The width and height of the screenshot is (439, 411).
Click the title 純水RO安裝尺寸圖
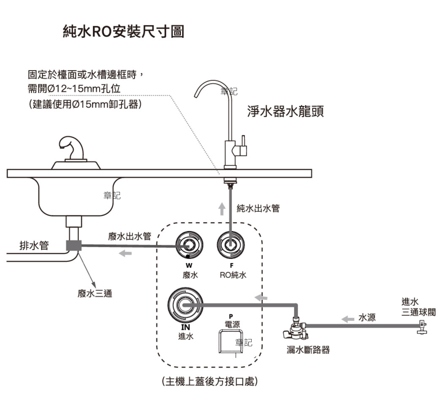[123, 32]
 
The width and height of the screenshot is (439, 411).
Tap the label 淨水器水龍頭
[285, 111]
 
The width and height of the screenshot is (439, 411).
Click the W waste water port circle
[189, 245]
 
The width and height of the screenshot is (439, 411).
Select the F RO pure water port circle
[231, 245]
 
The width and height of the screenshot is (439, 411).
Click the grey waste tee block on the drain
[74, 246]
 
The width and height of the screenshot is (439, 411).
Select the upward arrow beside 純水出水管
[222, 209]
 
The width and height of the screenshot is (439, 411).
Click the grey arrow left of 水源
[348, 319]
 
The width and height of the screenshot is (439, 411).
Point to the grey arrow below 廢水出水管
[125, 253]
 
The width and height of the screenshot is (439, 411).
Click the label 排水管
[34, 246]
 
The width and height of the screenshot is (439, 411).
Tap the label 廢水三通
[95, 294]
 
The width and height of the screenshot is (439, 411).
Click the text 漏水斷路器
[308, 350]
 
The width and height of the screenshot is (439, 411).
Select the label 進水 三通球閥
[418, 307]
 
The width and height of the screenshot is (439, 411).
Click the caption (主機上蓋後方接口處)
[210, 381]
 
